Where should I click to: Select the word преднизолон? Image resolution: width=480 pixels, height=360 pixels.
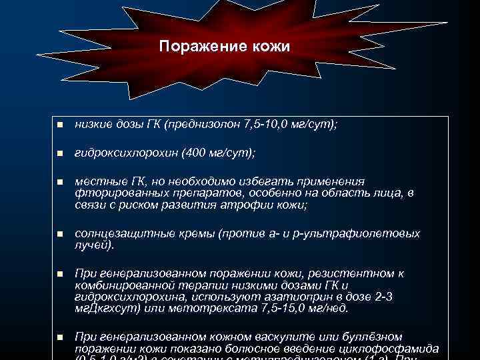(x=203, y=125)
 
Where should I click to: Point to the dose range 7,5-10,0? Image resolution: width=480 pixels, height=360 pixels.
(x=267, y=125)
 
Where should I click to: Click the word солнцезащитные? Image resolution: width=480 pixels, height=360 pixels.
(x=117, y=234)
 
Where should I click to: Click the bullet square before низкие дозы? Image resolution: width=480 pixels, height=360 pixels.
(x=59, y=125)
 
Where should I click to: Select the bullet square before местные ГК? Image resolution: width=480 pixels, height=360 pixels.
(x=59, y=181)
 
